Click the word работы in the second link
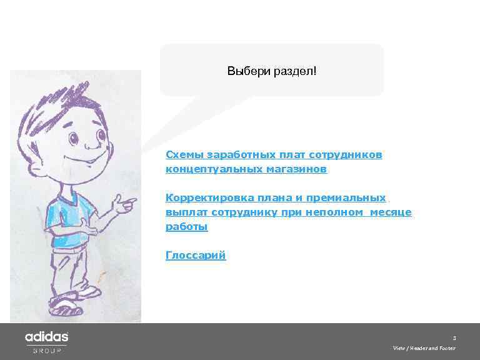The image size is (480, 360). pyautogui.click(x=186, y=227)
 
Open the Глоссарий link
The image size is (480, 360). pyautogui.click(x=196, y=255)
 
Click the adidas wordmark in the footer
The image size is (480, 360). pyautogui.click(x=46, y=337)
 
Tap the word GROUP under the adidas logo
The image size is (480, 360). pyautogui.click(x=47, y=351)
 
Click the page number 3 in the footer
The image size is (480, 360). pyautogui.click(x=454, y=337)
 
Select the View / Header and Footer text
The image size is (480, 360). pyautogui.click(x=424, y=348)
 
